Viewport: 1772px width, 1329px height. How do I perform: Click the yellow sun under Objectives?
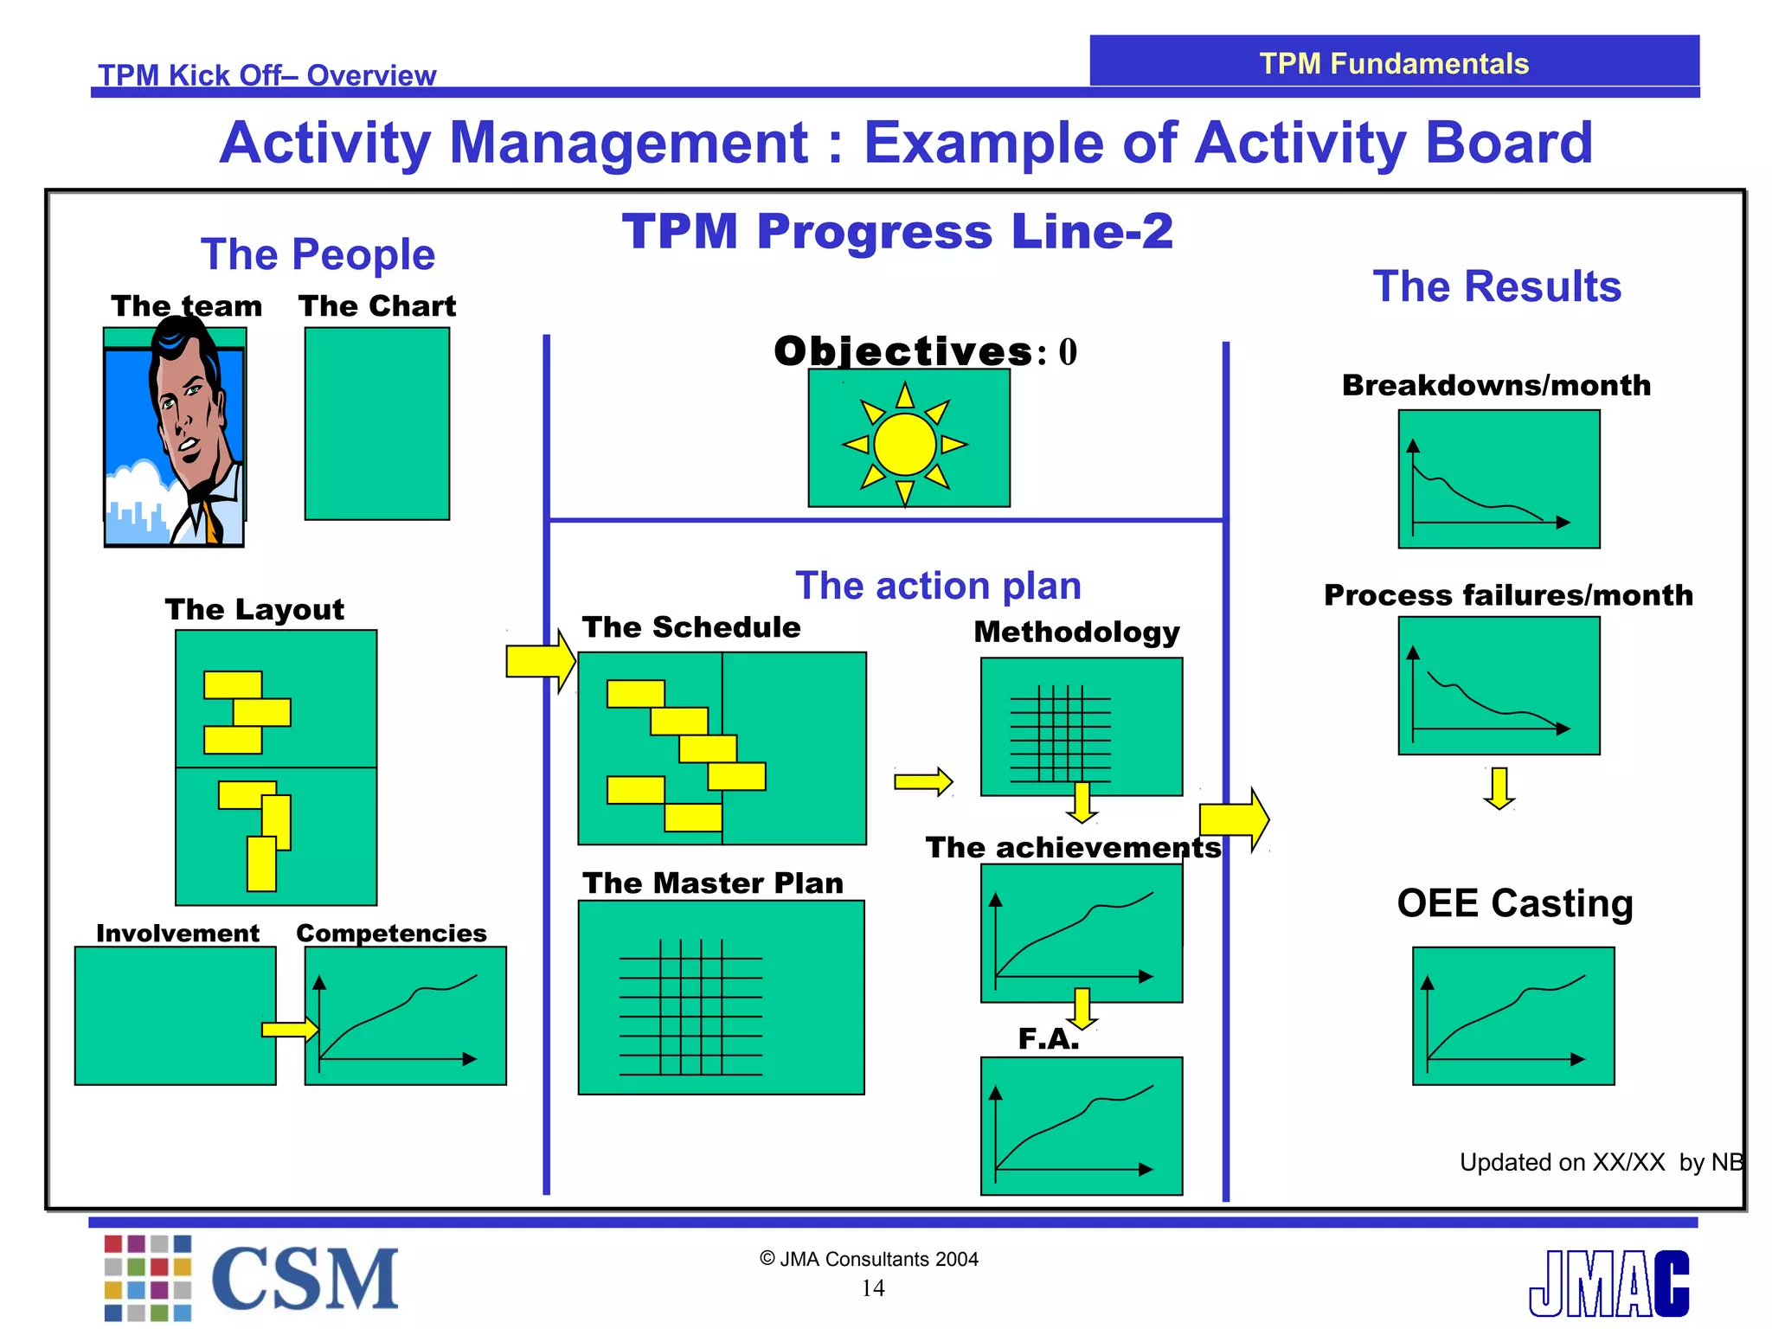(904, 444)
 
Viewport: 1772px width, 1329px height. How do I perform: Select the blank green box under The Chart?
(377, 424)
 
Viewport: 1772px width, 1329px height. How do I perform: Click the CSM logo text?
(305, 1279)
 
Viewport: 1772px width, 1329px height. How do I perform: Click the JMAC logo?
(1608, 1283)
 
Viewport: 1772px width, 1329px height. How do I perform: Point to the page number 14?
(873, 1288)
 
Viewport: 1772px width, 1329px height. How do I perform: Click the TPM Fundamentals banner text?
(1394, 63)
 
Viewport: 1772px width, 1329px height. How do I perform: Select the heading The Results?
(1497, 286)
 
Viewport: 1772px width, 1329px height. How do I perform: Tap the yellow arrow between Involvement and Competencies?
(290, 1029)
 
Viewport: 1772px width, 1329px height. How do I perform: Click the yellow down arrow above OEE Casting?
(1499, 787)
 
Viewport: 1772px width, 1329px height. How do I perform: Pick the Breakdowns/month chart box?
(1499, 479)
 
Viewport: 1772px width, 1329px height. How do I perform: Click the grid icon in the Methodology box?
(1060, 733)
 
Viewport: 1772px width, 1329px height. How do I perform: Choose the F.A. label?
(1049, 1038)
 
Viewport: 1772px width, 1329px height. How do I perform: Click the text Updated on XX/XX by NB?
(1601, 1162)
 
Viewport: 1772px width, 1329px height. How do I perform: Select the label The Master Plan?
(713, 883)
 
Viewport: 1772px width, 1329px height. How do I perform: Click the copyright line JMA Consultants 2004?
(870, 1259)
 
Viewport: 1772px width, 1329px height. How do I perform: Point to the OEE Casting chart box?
(1513, 1016)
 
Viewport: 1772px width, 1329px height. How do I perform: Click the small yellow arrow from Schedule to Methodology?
(923, 782)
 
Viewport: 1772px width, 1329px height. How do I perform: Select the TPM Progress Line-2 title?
(897, 232)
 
